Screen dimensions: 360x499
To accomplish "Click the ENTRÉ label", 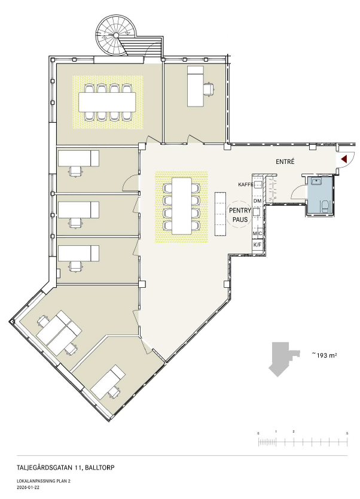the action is (x=285, y=162).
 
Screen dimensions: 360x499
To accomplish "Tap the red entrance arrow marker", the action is (x=343, y=159).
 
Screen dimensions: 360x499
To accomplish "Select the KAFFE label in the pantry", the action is (x=246, y=184).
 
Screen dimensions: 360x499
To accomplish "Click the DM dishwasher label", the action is (x=257, y=201).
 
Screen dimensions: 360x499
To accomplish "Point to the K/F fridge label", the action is (x=257, y=245).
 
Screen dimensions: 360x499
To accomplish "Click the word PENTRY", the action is (x=240, y=211).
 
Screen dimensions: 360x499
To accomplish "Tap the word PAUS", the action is (x=240, y=220).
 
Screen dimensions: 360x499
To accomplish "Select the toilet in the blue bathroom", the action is (x=325, y=206).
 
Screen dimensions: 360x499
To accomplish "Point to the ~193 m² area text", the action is (x=324, y=355).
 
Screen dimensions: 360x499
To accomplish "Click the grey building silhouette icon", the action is (x=283, y=359).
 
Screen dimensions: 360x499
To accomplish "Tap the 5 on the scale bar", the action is (x=347, y=433).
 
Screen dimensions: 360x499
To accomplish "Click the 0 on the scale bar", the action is (x=258, y=433).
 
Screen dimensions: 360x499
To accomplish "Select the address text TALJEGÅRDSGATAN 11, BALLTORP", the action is (x=66, y=468).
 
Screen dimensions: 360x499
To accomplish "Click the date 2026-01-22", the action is (x=28, y=487).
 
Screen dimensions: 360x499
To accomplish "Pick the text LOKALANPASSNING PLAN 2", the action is (x=43, y=481).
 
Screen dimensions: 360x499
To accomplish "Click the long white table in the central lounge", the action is (x=182, y=206).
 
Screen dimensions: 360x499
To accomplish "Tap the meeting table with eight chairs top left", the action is (x=107, y=102).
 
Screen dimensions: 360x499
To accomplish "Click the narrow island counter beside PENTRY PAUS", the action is (x=220, y=214).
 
